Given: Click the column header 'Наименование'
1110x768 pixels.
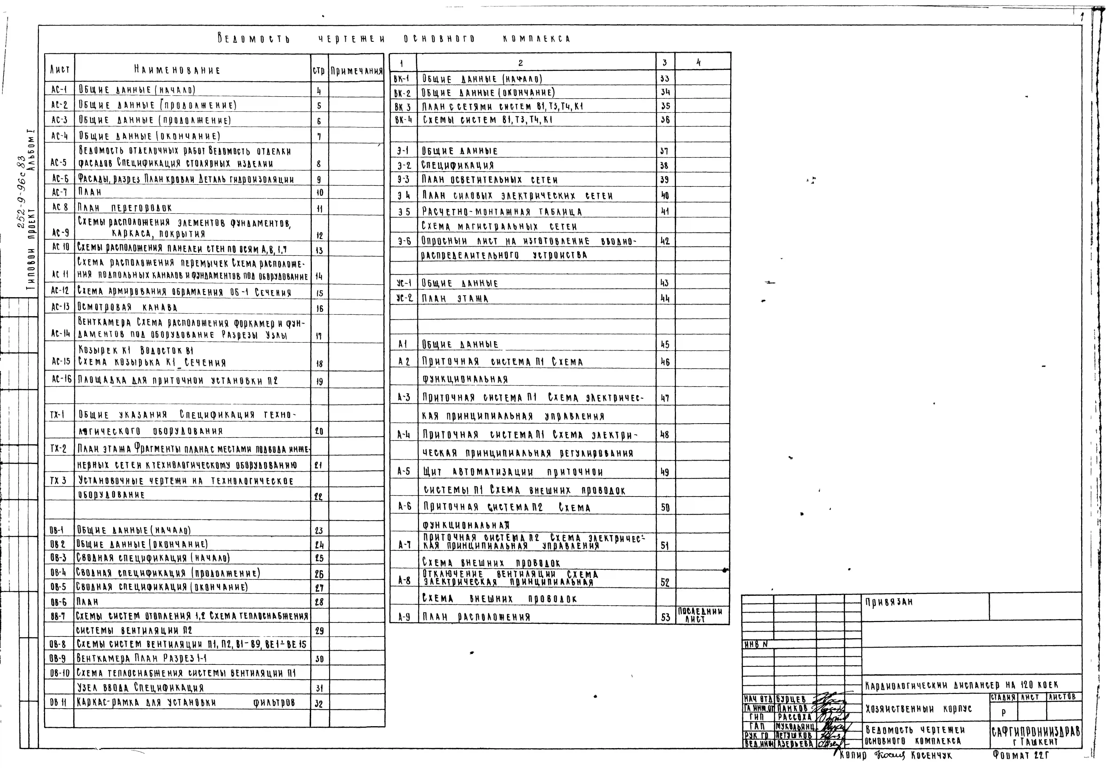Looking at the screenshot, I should click(x=177, y=70).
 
